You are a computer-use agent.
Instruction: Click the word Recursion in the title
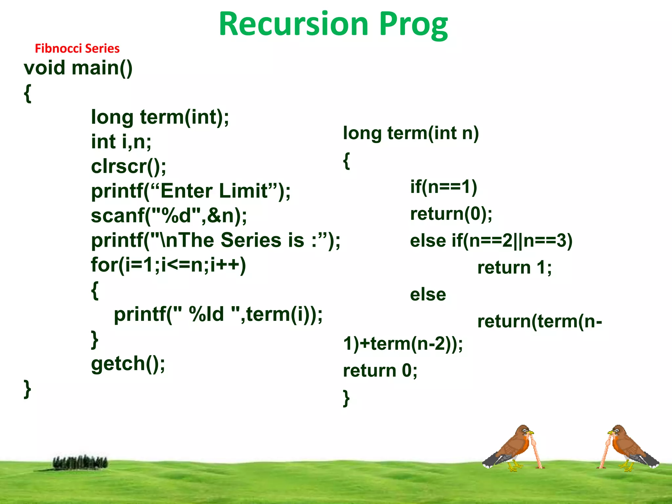294,25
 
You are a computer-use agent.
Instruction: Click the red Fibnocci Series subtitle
77,49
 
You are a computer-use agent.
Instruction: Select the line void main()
78,68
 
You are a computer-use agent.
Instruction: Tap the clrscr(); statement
129,166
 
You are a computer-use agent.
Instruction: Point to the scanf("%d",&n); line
169,216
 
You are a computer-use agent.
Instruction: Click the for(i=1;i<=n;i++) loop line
168,265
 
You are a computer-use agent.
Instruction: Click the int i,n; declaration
121,142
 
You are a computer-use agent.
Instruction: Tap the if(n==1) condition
444,187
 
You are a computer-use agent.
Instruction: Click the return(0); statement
451,214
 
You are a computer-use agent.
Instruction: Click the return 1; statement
514,267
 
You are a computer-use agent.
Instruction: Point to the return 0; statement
380,371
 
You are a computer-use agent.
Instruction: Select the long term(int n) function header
411,133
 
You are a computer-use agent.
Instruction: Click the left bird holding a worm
512,448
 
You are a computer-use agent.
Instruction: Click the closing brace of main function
28,389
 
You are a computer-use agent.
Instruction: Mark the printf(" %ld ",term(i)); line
218,314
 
